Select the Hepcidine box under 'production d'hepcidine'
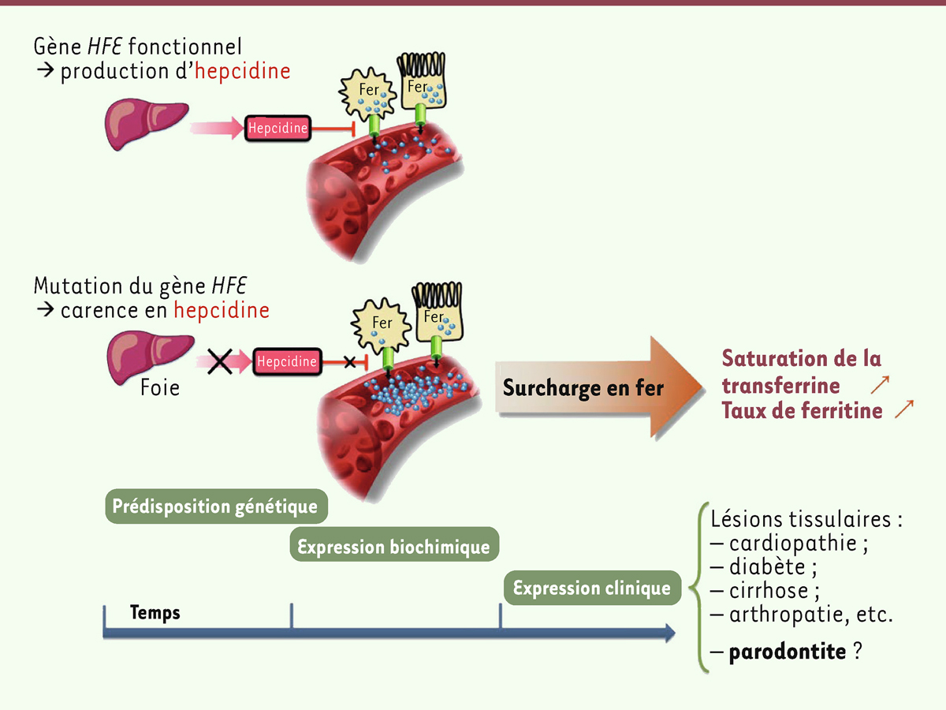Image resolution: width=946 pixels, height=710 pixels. click(277, 128)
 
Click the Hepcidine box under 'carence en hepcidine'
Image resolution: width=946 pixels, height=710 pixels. click(287, 362)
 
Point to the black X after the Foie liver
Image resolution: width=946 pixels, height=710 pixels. click(220, 362)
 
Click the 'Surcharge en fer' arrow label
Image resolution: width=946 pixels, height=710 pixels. click(583, 387)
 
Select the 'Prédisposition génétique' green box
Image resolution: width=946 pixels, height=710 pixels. click(215, 506)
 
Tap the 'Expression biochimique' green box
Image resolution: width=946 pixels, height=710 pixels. click(393, 546)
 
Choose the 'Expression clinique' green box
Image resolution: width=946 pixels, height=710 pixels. click(591, 588)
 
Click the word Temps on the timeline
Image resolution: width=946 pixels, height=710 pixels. click(155, 612)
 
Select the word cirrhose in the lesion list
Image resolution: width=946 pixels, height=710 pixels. click(769, 590)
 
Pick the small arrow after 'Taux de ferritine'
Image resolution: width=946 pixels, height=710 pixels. click(904, 409)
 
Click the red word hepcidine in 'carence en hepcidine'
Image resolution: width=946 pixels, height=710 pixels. click(222, 310)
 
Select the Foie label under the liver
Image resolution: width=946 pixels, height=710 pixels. click(160, 387)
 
